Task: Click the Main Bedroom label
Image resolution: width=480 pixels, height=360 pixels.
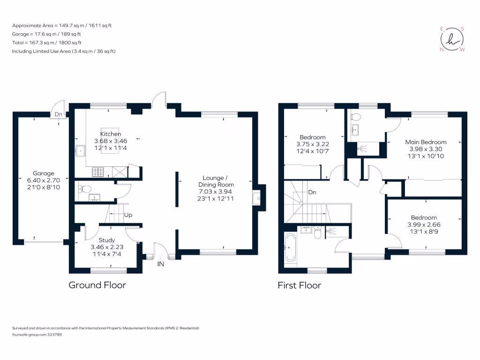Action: [426, 142]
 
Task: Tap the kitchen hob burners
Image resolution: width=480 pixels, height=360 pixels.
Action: [98, 172]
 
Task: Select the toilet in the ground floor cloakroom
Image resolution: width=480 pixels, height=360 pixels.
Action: [83, 189]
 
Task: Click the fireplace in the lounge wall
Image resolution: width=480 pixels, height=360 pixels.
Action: [257, 198]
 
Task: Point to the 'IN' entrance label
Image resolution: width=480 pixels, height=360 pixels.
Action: [161, 265]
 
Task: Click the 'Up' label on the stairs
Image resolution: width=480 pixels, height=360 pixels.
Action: [128, 215]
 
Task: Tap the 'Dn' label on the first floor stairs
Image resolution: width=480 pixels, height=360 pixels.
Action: [313, 192]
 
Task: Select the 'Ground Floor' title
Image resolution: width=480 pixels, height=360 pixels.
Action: [97, 285]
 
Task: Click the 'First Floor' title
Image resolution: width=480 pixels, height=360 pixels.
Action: [300, 285]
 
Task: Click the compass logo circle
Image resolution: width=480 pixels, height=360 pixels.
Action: [452, 39]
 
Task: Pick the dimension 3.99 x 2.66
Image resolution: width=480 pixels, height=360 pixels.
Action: [424, 225]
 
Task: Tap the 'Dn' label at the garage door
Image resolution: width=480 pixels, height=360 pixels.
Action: [58, 114]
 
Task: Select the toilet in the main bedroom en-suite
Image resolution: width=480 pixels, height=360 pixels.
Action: [355, 116]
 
